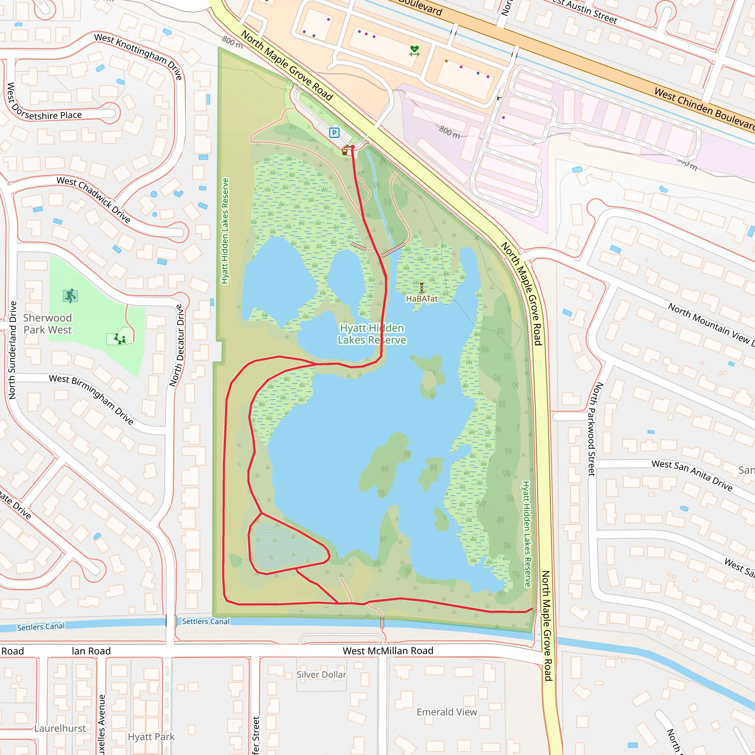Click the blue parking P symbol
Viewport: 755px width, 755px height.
(334, 133)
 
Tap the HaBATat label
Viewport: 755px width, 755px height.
(422, 299)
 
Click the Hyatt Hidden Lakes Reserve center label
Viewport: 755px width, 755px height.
(372, 334)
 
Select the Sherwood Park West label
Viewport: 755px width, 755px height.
(47, 324)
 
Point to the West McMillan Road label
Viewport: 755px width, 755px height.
(388, 651)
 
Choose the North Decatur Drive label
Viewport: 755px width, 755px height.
(177, 345)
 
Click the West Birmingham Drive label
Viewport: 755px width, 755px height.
(91, 399)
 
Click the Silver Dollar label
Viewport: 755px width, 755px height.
(321, 675)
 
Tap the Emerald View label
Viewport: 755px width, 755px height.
(447, 712)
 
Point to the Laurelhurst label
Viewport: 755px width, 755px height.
(60, 728)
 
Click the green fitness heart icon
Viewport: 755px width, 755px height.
(414, 51)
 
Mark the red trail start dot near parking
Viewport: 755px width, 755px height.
(352, 147)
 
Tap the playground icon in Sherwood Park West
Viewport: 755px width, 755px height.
(119, 339)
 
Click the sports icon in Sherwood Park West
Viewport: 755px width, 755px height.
(70, 296)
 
